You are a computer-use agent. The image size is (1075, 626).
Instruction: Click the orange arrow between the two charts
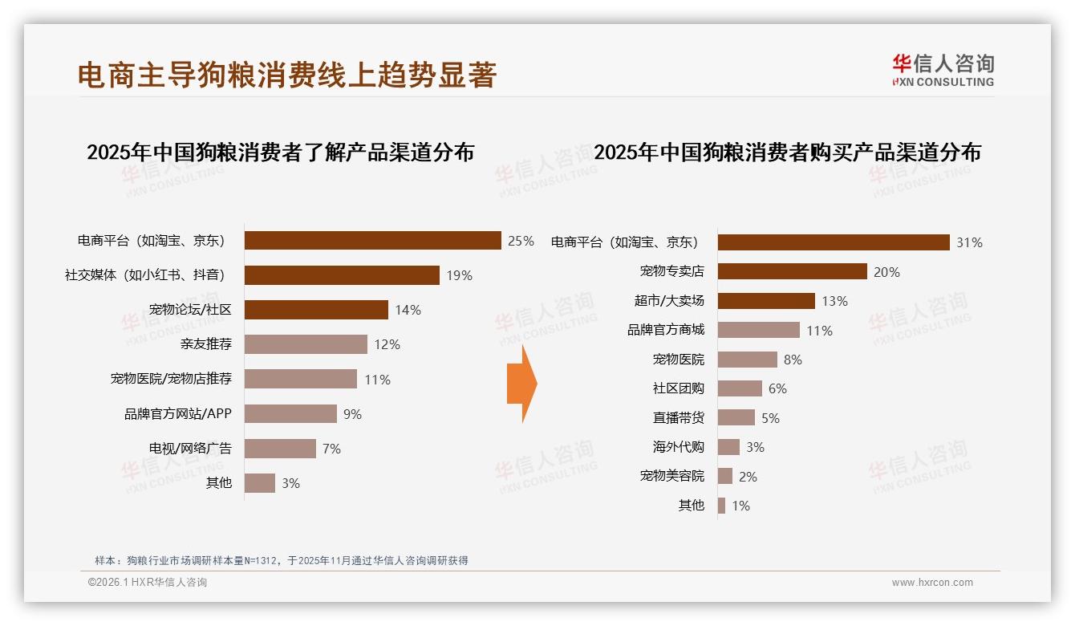coord(521,384)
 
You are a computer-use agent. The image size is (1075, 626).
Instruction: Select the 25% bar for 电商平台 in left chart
coord(372,241)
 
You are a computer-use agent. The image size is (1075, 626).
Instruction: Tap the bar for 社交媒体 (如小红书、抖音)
coord(342,275)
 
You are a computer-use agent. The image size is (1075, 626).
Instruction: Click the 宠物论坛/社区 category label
coord(190,310)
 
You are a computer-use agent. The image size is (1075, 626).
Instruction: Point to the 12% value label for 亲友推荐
coord(387,344)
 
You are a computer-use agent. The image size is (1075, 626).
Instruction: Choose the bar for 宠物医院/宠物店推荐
coord(300,379)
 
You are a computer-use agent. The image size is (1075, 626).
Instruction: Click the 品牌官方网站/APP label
coord(177,414)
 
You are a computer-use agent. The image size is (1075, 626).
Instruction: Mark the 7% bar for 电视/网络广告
coord(280,449)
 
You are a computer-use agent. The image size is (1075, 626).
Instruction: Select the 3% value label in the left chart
coord(290,483)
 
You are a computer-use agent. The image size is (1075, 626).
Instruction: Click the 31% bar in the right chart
coord(834,242)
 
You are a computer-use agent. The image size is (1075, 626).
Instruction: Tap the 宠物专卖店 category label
coord(671,272)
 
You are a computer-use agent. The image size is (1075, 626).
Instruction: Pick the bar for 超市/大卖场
coord(766,301)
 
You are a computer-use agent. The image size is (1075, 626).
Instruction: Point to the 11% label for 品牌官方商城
coord(820,331)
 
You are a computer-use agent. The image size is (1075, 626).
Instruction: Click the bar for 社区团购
coord(740,388)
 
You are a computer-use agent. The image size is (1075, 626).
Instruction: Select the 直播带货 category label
coord(678,418)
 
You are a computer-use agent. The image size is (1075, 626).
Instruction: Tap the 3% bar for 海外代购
coord(728,447)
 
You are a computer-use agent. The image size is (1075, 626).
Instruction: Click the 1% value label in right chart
coord(740,506)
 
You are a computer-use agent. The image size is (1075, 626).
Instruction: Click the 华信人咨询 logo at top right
coord(943,71)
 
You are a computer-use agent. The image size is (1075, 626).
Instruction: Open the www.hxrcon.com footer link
coord(932,583)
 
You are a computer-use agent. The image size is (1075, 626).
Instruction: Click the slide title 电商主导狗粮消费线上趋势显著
coord(287,75)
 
